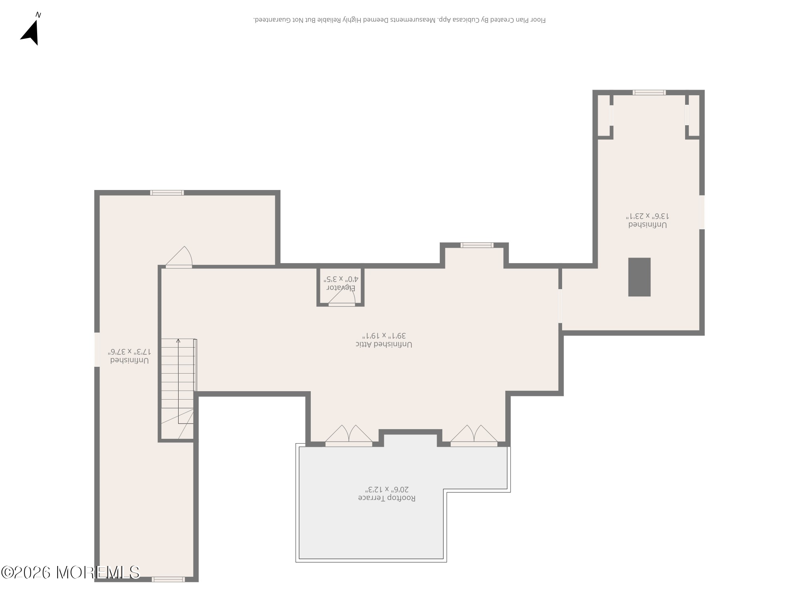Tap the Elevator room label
pos(342,288)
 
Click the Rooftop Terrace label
pos(387,498)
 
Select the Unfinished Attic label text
pos(384,344)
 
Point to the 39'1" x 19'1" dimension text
pos(384,335)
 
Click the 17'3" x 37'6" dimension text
pos(129,352)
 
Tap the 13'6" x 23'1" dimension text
pos(648,216)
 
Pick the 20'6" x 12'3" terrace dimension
pos(387,489)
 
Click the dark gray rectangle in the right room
pos(639,277)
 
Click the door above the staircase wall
pos(179,257)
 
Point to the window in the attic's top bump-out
pos(477,245)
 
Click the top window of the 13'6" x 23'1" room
pos(649,92)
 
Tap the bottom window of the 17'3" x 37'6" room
pos(168,579)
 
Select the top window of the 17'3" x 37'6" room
pos(167,193)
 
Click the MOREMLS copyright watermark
pos(70,572)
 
